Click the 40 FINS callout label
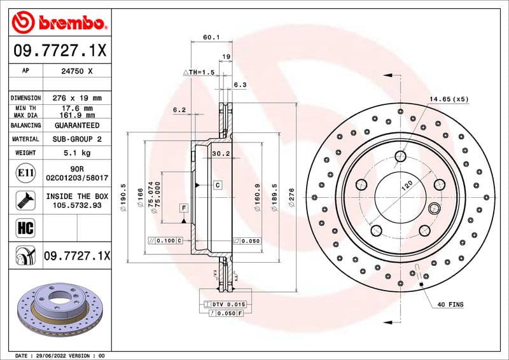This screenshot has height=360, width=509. click(x=450, y=305)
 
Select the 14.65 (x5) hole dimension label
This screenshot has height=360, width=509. click(x=449, y=99)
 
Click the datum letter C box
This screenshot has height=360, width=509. click(x=218, y=185)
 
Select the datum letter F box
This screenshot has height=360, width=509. click(x=184, y=208)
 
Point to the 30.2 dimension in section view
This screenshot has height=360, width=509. click(x=220, y=153)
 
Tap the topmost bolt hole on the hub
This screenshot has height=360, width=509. click(x=400, y=156)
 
